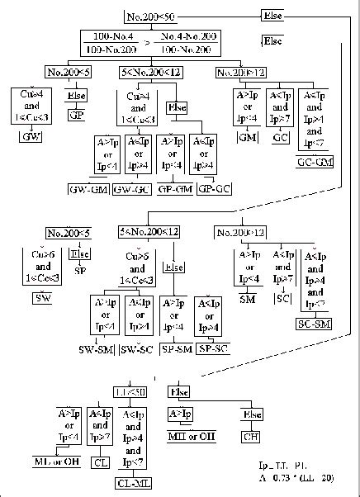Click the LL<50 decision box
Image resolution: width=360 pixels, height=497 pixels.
[x=130, y=390]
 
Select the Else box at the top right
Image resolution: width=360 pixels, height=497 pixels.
[x=273, y=17]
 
